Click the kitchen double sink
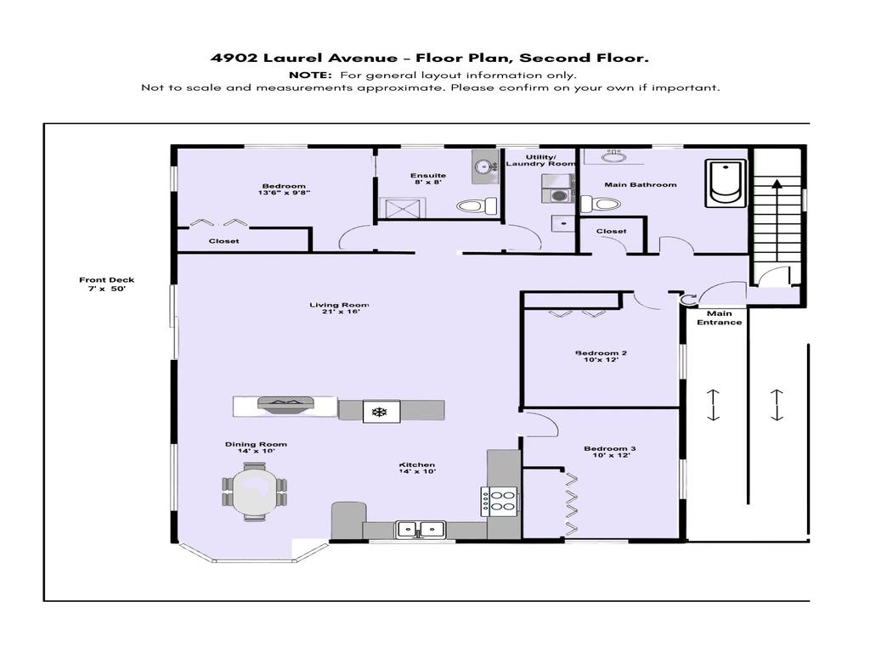coord(421,530)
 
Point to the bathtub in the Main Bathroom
coord(726,183)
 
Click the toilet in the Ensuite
coord(477,205)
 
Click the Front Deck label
coord(107,284)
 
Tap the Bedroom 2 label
coord(601,357)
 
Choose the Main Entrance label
coord(719,318)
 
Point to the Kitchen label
coord(417,468)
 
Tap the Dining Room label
coord(256,447)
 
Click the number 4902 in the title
coord(233,59)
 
